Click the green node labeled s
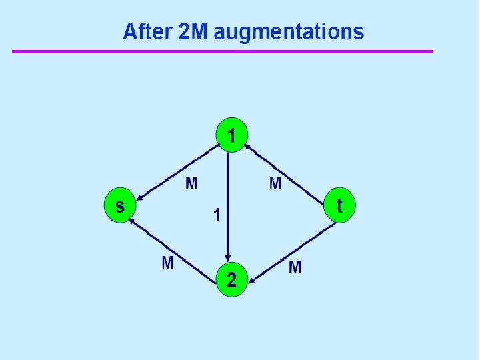click(120, 206)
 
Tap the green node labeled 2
click(231, 280)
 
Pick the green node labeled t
click(339, 205)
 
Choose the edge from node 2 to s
click(175, 247)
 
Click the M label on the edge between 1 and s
click(191, 183)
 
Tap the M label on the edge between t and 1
click(275, 183)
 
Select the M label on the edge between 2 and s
click(168, 263)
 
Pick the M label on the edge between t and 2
click(295, 268)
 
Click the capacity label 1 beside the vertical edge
click(216, 215)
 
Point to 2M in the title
click(195, 31)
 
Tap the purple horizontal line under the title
click(222, 51)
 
